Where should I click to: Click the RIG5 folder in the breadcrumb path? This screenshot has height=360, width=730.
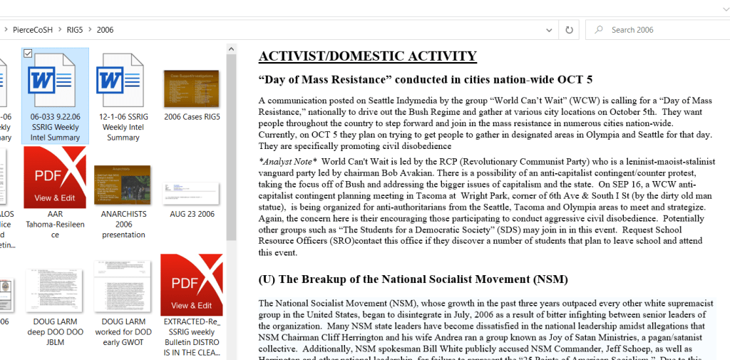coord(74,30)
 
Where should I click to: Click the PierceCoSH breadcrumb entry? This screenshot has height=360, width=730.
coord(33,30)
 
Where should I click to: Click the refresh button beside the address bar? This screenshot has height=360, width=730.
coord(569,30)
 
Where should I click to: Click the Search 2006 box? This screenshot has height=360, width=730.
coord(659,30)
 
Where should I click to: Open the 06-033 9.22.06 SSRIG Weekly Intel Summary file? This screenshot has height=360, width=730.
coord(55,81)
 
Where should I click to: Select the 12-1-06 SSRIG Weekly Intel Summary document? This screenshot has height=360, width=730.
coord(123,81)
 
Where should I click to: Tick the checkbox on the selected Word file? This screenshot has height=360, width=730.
coord(28,53)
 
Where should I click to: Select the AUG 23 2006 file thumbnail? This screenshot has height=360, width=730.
coord(192,193)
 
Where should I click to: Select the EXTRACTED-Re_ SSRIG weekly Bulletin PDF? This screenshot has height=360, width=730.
coord(192,285)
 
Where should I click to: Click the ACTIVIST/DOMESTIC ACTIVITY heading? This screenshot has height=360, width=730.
coord(367,56)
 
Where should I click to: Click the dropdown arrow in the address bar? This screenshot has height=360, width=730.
coord(548,30)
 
